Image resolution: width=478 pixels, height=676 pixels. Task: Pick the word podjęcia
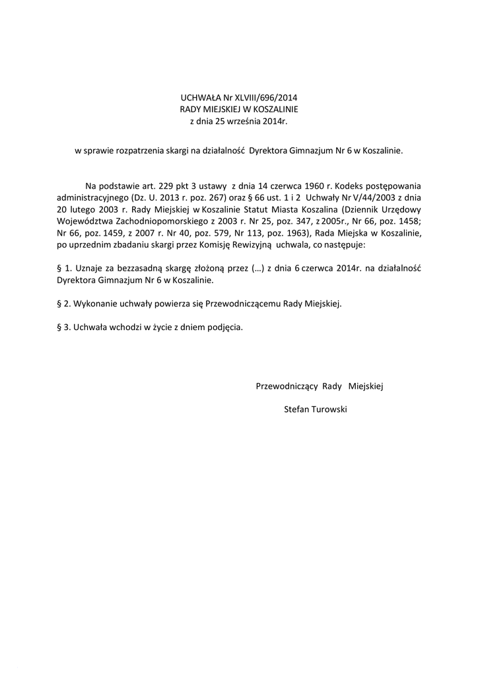222,327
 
